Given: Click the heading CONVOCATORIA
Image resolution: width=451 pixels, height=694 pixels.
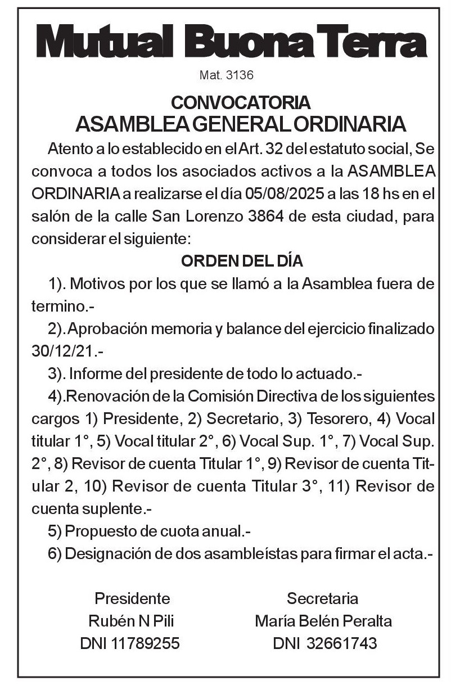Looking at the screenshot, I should pyautogui.click(x=241, y=103).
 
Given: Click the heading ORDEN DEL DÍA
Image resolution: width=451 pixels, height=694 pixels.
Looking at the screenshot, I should pyautogui.click(x=242, y=262).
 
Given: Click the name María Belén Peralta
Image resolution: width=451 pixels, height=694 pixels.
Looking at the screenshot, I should pyautogui.click(x=323, y=621).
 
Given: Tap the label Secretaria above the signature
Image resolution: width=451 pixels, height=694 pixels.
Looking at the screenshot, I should pyautogui.click(x=322, y=598).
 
